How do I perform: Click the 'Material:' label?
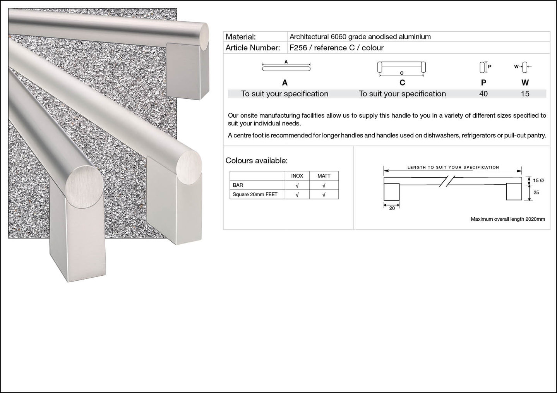[240, 37]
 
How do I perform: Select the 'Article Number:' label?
[253, 48]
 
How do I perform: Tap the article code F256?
[298, 48]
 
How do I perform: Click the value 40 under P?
[483, 94]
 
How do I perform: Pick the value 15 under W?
[525, 94]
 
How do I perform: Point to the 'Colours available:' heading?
[257, 161]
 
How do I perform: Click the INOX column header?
[297, 176]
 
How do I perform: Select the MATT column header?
[324, 176]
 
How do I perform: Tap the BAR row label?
[238, 185]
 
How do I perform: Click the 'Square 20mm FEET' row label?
[255, 194]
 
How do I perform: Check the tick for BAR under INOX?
[297, 185]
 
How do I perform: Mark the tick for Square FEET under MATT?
[324, 195]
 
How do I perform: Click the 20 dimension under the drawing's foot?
[392, 208]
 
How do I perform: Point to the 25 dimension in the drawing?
[536, 192]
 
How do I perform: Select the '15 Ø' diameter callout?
[538, 180]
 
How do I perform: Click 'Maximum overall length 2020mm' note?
[508, 219]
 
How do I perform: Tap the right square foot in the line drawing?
[514, 192]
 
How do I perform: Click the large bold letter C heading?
[402, 82]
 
